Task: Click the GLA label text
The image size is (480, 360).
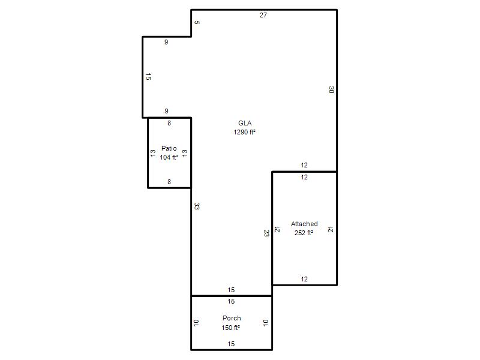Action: pos(245,123)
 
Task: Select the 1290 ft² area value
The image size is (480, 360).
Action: pos(244,132)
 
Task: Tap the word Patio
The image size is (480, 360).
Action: pos(169,148)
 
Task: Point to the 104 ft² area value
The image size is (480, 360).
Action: pos(169,157)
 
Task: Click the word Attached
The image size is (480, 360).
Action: pos(304,224)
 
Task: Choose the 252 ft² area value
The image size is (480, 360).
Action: pos(304,233)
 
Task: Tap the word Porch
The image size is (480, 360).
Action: pos(232,318)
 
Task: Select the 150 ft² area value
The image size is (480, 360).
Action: pos(230,328)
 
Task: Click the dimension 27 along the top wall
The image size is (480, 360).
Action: pos(263,15)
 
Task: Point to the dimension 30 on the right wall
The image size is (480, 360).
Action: pos(331,89)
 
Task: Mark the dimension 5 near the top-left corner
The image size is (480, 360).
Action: pos(197,22)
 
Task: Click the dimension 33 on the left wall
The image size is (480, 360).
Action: pos(197,206)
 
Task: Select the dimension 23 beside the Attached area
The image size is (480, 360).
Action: pos(266,233)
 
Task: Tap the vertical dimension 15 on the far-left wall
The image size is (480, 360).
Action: pos(148,77)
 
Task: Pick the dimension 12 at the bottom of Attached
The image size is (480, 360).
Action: pos(304,279)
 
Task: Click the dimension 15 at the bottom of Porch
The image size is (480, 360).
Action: pos(231,344)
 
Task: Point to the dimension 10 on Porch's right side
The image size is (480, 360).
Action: pos(266,323)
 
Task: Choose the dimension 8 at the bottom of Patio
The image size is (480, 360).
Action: pos(169,182)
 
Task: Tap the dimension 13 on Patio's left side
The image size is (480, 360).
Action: pos(153,153)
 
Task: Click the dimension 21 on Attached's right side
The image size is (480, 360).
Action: pos(331,229)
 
